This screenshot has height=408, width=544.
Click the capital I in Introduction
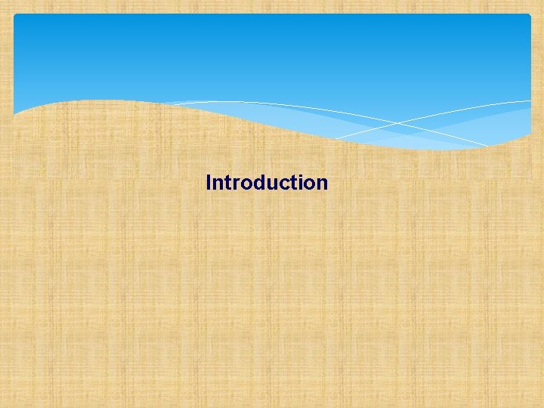(209, 182)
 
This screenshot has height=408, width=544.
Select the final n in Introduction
(322, 184)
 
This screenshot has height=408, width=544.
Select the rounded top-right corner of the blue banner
(528, 17)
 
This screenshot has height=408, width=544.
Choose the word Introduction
(267, 183)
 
